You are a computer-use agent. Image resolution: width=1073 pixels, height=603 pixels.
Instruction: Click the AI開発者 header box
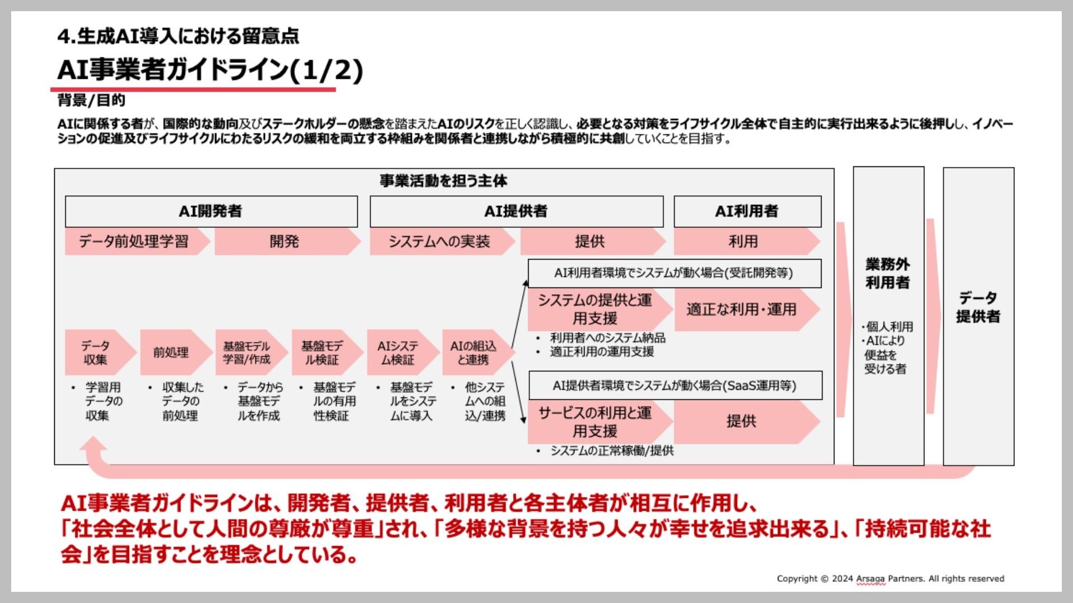211,212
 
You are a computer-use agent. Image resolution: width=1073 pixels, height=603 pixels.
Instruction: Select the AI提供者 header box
516,212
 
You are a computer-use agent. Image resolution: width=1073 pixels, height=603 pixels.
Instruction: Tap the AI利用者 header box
747,212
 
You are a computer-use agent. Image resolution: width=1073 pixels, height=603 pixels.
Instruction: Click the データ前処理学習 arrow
134,242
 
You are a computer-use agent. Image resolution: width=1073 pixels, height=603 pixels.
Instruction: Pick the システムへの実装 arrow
439,242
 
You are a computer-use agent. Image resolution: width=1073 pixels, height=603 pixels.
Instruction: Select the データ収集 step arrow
96,353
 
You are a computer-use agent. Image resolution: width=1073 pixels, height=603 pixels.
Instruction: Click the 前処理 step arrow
172,353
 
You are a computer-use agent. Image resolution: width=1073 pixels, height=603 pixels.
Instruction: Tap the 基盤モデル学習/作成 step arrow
247,353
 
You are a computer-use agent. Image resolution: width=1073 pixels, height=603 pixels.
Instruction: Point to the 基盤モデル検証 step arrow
322,353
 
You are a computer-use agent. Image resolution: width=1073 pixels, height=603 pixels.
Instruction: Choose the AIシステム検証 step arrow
398,353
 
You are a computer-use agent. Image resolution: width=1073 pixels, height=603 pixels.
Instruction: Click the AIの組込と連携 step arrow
473,353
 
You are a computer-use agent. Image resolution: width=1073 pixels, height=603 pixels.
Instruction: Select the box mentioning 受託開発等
674,274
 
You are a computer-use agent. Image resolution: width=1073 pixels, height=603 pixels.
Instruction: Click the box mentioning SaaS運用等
675,386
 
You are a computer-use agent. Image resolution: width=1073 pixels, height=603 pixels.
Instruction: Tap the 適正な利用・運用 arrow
742,310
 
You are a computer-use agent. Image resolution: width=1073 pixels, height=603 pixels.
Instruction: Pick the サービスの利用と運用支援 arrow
596,422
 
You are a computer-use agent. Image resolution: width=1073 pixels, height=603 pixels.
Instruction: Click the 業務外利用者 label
887,274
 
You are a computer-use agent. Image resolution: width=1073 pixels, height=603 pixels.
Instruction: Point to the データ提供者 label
978,307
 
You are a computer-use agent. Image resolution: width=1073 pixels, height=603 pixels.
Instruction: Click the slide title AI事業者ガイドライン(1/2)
210,70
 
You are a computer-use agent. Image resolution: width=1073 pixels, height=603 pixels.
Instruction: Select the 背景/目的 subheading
91,100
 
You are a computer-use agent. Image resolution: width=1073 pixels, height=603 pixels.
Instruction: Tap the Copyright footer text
890,578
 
